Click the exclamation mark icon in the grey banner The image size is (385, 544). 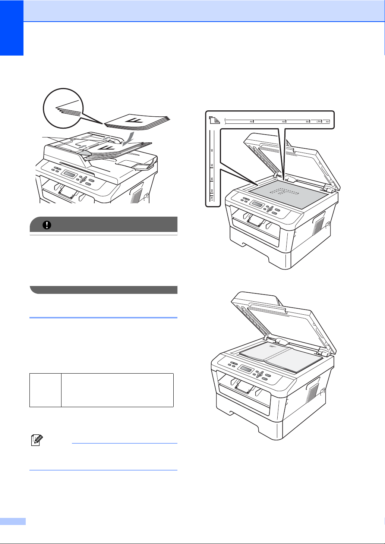(49, 225)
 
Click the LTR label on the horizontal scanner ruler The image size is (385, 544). (318, 122)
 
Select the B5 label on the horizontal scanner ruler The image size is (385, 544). (307, 122)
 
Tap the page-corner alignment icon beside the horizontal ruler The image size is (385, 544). (214, 120)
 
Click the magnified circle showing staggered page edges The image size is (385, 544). (63, 108)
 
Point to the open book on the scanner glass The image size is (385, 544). (280, 359)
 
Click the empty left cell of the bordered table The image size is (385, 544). (45, 390)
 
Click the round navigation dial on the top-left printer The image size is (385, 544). (83, 180)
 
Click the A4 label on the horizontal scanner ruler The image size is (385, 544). (326, 122)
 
